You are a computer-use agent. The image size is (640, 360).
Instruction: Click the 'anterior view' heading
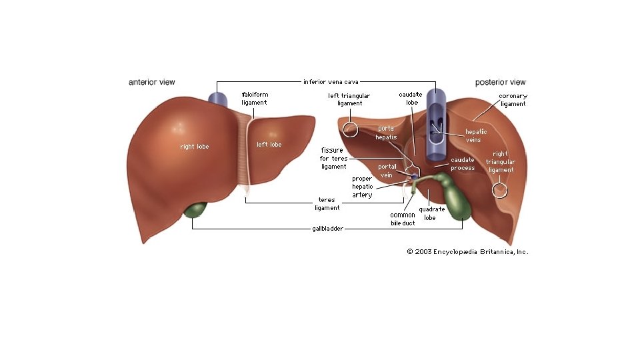coord(151,83)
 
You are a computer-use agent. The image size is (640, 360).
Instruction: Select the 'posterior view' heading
coord(500,83)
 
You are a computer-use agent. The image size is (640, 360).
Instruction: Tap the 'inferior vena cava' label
coord(331,82)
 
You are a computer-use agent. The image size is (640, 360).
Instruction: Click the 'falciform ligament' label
coord(254,99)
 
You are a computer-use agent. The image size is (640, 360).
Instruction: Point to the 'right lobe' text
coord(194,146)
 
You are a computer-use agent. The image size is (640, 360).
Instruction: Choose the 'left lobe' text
coord(269,145)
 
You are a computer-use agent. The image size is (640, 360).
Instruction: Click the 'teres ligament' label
coord(327,203)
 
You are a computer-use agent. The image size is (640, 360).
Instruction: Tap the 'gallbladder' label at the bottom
coord(327,229)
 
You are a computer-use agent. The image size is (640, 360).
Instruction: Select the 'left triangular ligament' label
coord(349,99)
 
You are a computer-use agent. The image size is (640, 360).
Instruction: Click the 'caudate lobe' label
coord(409,99)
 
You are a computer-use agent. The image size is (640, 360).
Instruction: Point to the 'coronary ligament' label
coord(513,99)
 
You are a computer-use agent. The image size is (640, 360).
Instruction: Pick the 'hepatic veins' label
coord(476,135)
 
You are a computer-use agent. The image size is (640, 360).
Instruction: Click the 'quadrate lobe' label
coord(431,213)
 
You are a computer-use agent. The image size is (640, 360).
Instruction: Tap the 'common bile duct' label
coord(403,219)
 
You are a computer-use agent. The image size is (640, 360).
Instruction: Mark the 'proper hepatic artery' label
coord(363,187)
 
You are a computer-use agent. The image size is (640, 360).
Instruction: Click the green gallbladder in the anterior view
coord(195,210)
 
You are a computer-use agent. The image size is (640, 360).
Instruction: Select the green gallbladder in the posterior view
coord(459,200)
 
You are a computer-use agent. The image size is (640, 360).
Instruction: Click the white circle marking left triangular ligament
coord(351,129)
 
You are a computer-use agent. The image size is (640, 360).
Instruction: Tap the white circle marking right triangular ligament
coord(499,191)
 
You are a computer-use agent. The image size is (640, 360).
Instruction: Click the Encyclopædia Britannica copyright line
coord(467,252)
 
